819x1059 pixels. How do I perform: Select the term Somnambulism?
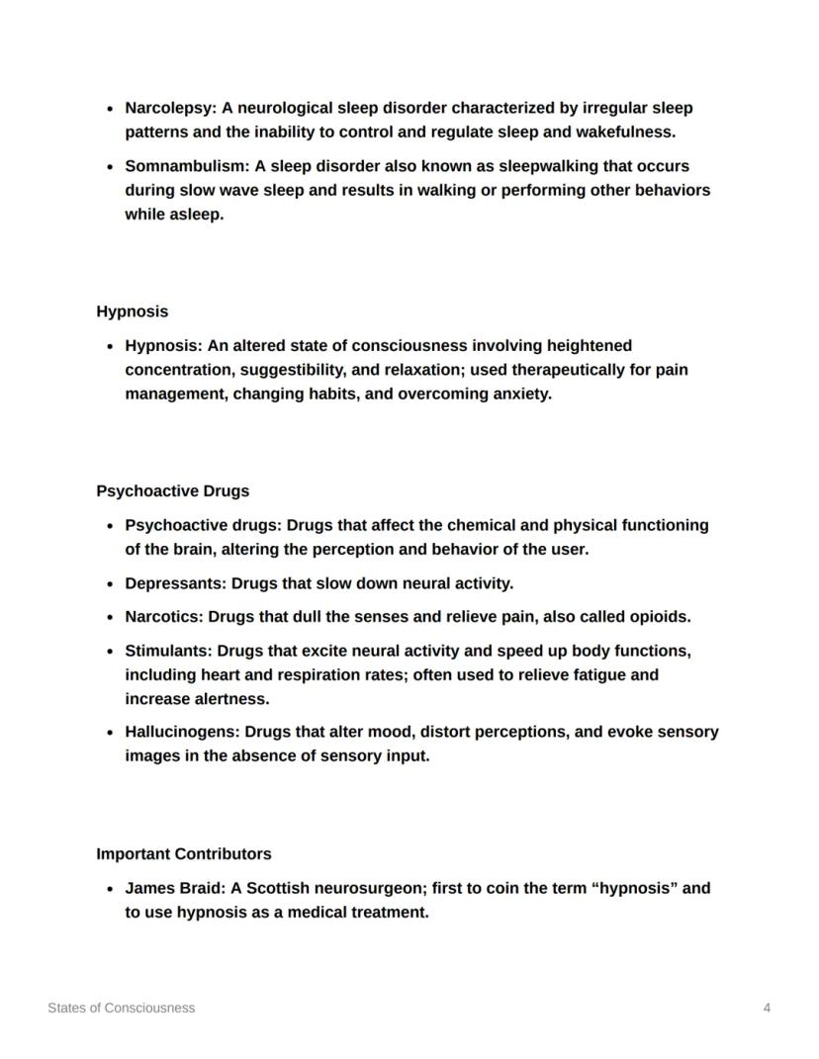[x=185, y=166]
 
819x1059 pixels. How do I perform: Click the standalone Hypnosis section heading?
[x=133, y=311]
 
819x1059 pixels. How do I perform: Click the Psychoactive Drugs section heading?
[x=173, y=491]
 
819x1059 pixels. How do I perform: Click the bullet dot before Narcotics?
[x=110, y=617]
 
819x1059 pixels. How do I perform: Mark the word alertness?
[x=232, y=699]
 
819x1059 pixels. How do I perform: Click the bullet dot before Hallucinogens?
[x=110, y=733]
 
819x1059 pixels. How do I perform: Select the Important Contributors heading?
[x=184, y=853]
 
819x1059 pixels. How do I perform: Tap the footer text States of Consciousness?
[x=122, y=1008]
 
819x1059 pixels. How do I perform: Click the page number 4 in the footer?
[x=767, y=1008]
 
